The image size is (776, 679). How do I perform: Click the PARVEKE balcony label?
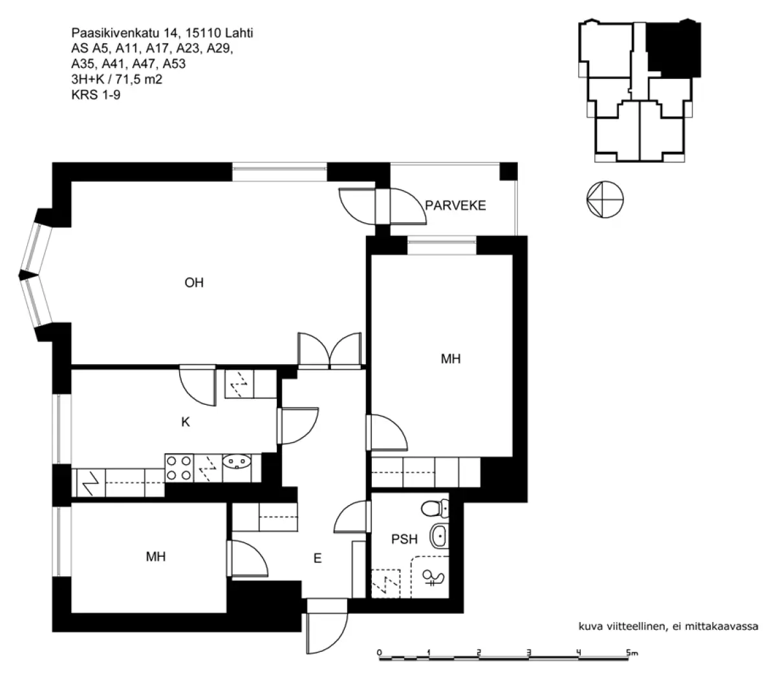455,205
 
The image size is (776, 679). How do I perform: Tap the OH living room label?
194,283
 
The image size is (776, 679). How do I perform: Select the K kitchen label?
186,422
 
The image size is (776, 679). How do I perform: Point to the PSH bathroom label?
404,539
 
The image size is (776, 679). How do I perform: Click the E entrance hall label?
318,558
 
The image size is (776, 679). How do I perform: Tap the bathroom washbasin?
439,536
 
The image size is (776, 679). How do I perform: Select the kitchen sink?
236,461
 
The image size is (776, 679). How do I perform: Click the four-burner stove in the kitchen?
179,468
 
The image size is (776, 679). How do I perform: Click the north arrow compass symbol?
605,199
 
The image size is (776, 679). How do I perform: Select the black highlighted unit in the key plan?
674,48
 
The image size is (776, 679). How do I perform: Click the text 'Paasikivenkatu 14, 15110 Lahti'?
162,33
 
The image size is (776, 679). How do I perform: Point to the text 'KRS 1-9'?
96,94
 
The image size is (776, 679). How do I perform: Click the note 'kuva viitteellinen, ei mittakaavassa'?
668,626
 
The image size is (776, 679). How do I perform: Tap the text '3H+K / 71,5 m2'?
117,80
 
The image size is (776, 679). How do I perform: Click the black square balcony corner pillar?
508,171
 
